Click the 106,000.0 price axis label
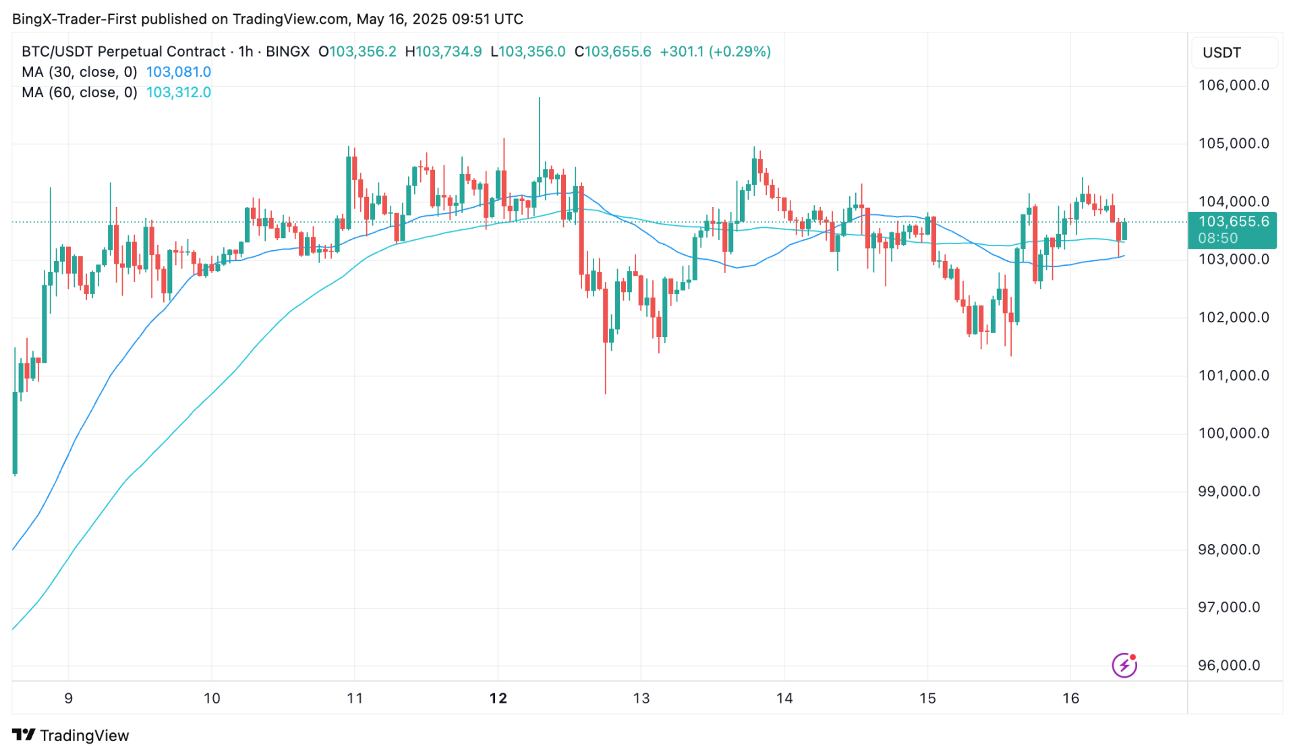tap(1233, 86)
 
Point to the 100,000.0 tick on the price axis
tap(1233, 434)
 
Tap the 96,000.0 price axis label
tap(1228, 666)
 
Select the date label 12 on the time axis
tap(498, 699)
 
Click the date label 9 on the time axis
tap(68, 699)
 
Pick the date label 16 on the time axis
tap(1070, 699)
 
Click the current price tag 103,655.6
tap(1232, 222)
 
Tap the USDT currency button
tap(1221, 53)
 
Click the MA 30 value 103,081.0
tap(179, 72)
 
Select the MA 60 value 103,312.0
tap(179, 92)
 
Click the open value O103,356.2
tap(357, 52)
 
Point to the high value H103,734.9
tap(443, 52)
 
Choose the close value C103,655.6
tap(612, 52)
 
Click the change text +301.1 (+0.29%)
tap(715, 52)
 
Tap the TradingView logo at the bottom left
tap(71, 735)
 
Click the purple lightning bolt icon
tap(1124, 666)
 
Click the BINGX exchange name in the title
tap(287, 52)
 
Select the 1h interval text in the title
tap(246, 52)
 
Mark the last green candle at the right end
tap(1124, 231)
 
